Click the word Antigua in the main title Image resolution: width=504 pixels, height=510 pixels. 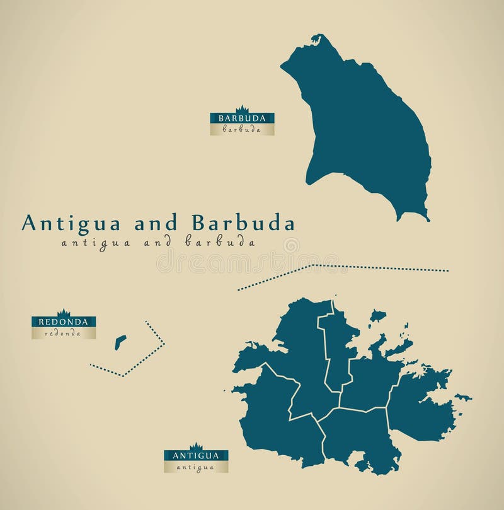(x=72, y=224)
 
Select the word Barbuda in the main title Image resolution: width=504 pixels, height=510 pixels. (x=243, y=224)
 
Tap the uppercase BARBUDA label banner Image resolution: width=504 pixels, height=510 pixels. (x=243, y=118)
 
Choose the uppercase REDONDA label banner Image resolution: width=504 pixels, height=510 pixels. (x=64, y=322)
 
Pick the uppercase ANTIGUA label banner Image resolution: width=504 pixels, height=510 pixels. (x=196, y=455)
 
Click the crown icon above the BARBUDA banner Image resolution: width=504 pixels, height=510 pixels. (x=243, y=108)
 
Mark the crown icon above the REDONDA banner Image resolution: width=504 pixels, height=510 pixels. (x=64, y=312)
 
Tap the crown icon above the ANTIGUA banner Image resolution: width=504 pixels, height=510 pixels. (x=196, y=446)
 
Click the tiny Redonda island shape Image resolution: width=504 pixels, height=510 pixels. (x=120, y=342)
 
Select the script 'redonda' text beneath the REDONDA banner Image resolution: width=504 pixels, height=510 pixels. (x=64, y=333)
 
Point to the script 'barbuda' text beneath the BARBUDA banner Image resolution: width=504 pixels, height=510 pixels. (x=243, y=129)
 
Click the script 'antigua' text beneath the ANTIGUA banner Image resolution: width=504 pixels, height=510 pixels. (x=196, y=467)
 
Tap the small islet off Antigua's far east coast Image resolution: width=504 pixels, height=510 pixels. (x=464, y=398)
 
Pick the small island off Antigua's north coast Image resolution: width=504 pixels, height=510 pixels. (x=377, y=315)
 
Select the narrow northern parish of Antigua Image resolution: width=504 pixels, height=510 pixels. (x=336, y=347)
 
